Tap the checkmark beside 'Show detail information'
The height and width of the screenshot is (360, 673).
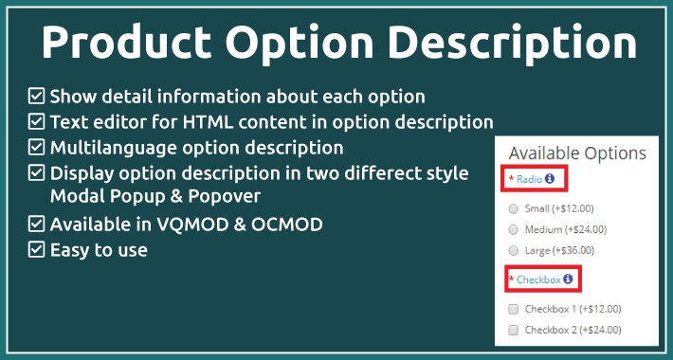click(x=37, y=96)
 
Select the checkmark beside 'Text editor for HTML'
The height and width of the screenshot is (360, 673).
click(x=37, y=121)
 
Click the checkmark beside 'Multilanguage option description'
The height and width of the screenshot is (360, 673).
click(x=37, y=147)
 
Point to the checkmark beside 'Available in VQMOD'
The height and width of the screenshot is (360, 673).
click(x=37, y=225)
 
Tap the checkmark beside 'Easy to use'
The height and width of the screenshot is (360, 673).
click(x=37, y=250)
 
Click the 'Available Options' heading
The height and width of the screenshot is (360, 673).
click(x=577, y=153)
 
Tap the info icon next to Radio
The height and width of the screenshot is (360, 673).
click(x=549, y=178)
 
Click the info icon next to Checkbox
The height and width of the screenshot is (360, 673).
click(x=568, y=279)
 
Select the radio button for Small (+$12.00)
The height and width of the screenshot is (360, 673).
click(x=514, y=208)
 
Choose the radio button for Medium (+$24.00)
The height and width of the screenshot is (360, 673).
click(x=514, y=229)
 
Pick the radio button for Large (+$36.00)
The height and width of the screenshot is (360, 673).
click(x=514, y=250)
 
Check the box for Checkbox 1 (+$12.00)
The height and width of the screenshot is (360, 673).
click(x=514, y=310)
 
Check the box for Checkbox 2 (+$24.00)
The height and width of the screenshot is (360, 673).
click(x=514, y=331)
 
